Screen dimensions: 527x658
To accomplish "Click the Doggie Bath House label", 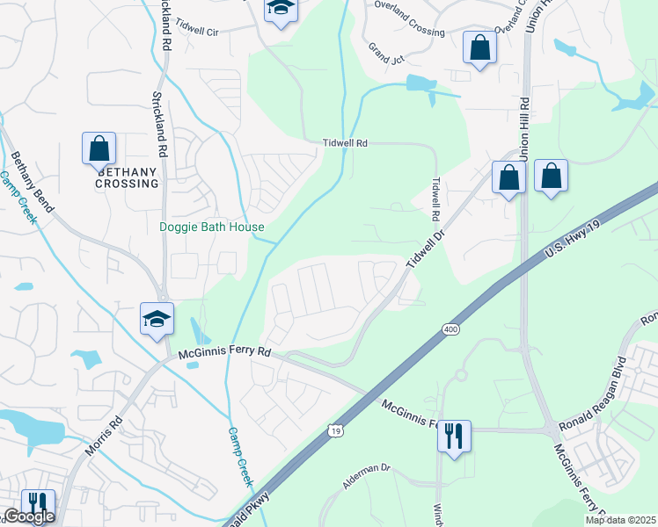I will (212, 227).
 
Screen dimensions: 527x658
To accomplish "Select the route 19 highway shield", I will (335, 430).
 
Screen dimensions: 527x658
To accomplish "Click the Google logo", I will (28, 516).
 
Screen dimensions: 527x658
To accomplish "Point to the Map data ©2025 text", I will (620, 520).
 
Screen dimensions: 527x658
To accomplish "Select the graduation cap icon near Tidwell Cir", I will (281, 9).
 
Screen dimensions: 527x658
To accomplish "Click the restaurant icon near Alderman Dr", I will (454, 436).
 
